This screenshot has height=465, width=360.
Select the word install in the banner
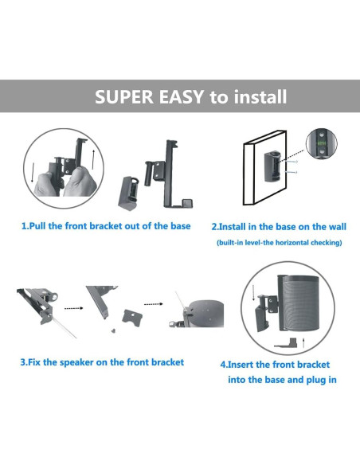pos(259,98)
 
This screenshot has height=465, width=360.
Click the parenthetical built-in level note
pos(278,242)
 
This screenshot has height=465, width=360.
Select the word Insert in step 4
pos(246,364)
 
